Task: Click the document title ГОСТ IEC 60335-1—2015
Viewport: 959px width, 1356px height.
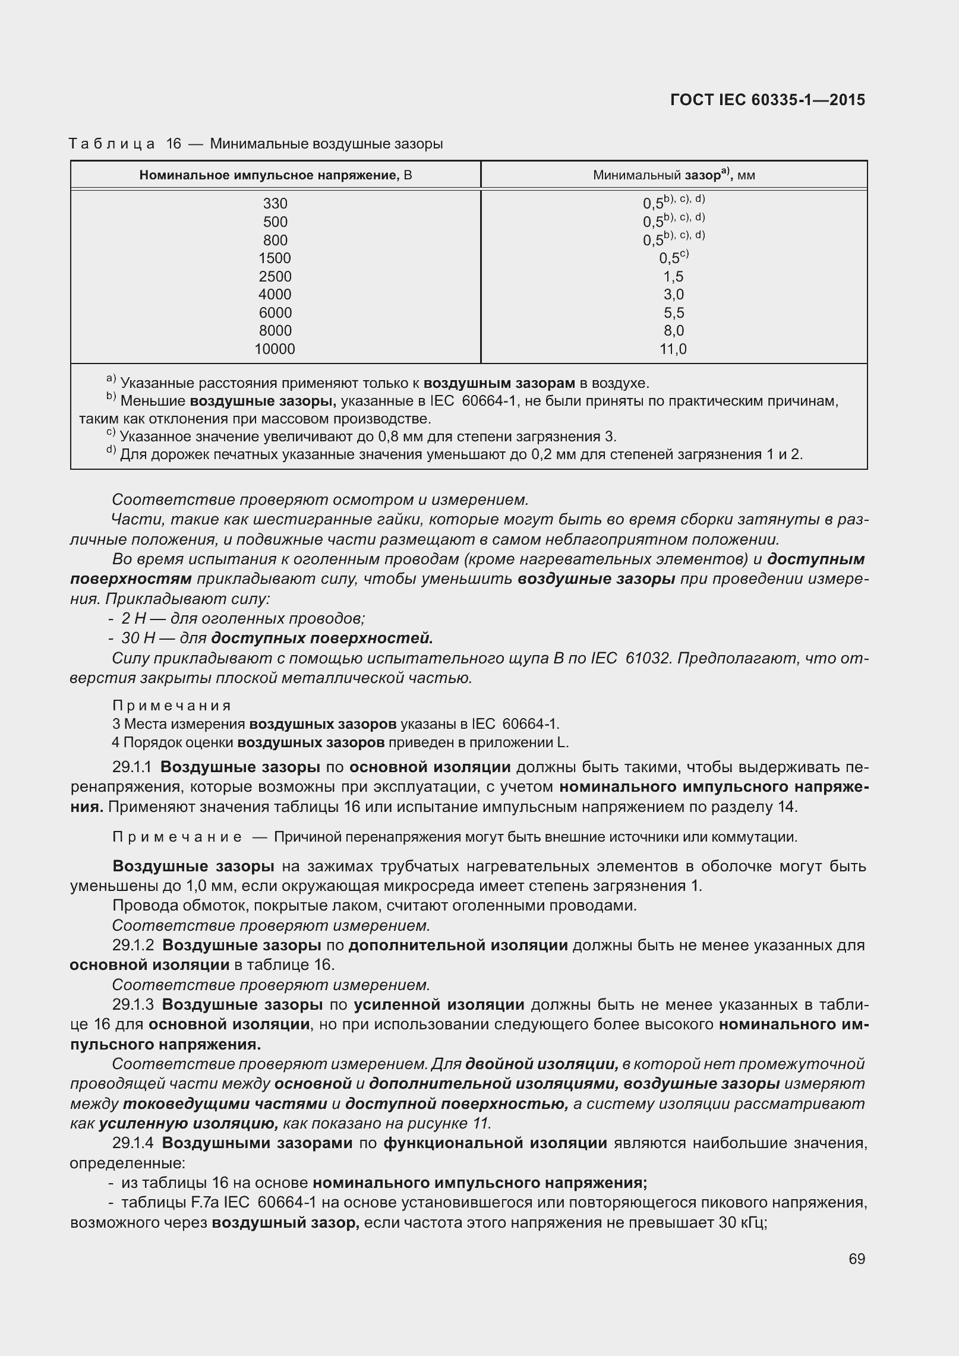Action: [767, 100]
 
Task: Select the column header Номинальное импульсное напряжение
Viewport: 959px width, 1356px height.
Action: [275, 175]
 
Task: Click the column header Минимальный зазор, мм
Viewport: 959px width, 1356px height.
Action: [674, 175]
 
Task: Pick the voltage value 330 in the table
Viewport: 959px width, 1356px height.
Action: [275, 204]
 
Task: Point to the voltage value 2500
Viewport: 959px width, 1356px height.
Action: [275, 276]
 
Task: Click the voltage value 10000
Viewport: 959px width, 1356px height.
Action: [275, 349]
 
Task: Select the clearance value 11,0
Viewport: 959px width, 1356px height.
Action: [673, 349]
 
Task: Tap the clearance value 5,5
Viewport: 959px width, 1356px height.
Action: [674, 313]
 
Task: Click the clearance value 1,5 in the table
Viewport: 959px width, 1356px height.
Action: [674, 276]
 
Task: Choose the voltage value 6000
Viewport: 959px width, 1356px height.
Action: [275, 313]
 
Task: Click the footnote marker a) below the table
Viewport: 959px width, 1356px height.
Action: [111, 379]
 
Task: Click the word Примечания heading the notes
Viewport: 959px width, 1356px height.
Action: [172, 706]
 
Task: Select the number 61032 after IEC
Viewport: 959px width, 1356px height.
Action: [647, 658]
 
